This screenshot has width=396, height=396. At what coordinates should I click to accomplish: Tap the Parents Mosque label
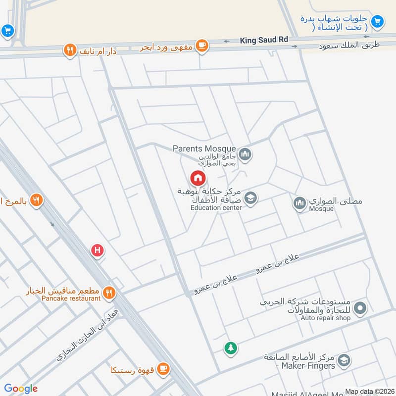tap(204, 148)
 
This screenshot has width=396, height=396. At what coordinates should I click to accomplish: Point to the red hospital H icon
tap(98, 251)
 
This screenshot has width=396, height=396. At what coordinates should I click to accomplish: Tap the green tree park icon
tap(230, 348)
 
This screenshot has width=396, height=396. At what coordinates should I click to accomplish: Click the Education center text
tap(216, 208)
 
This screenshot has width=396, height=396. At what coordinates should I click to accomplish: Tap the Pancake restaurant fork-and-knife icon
tap(109, 294)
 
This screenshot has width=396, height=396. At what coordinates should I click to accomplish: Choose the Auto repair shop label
tap(325, 318)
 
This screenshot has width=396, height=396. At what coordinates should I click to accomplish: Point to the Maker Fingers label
tap(308, 366)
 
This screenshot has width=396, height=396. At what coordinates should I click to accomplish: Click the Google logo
tap(21, 389)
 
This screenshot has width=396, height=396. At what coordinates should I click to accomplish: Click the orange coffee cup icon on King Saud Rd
tap(201, 46)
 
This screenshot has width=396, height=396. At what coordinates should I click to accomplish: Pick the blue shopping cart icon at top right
tap(377, 21)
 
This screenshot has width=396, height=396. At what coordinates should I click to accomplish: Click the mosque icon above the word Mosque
tap(299, 203)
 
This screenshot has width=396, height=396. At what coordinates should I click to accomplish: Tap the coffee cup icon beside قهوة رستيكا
tap(163, 369)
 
